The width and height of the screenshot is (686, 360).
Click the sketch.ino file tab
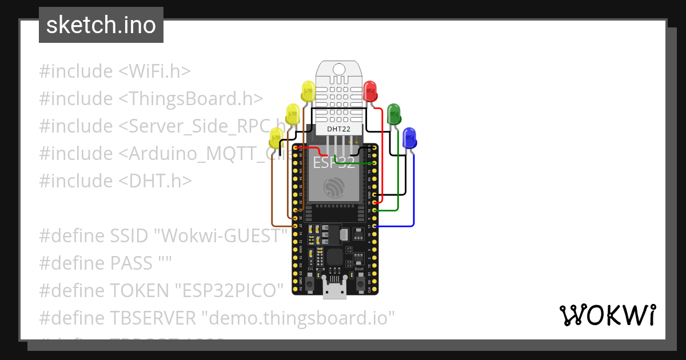tap(101, 25)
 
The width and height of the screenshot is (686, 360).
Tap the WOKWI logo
tap(607, 315)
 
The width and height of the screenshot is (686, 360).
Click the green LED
tap(394, 114)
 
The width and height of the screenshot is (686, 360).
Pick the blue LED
tap(409, 138)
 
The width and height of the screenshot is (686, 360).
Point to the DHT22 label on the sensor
tap(338, 129)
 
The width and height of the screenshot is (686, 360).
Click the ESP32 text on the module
tap(337, 163)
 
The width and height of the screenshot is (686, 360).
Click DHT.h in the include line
tap(155, 181)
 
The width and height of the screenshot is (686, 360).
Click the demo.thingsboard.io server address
tap(299, 318)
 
